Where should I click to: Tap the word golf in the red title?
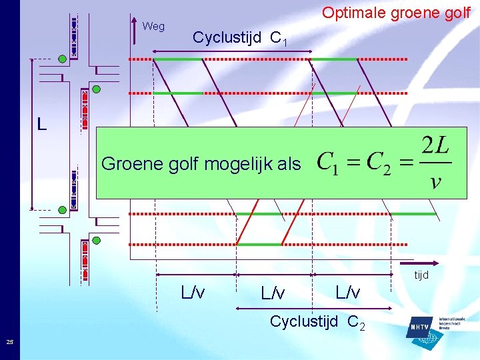point(456,13)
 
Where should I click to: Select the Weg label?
point(153,27)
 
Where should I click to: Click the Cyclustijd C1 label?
point(240,38)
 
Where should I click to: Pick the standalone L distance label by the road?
point(42,124)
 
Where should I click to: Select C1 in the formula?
point(327,163)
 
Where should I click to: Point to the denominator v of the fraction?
point(435,181)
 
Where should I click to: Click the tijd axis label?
point(421,275)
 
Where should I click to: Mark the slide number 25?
point(9,343)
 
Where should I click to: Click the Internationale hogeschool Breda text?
point(451,323)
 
